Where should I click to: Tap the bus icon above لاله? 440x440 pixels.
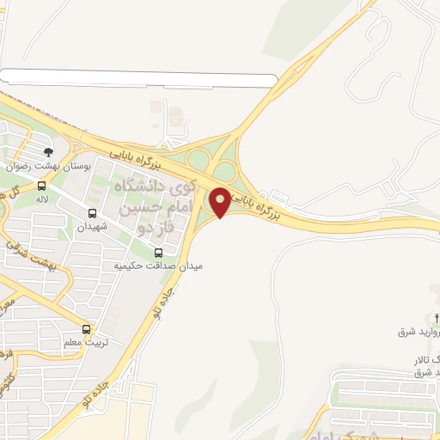point(41,186)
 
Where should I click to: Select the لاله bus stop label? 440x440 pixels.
point(41,199)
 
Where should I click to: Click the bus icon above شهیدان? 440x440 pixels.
point(93,213)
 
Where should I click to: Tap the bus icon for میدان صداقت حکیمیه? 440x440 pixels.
point(158,253)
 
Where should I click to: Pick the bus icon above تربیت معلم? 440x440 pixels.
point(86,329)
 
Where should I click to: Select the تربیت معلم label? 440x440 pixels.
point(85,343)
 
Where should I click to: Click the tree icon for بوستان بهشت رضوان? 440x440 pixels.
point(48,152)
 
